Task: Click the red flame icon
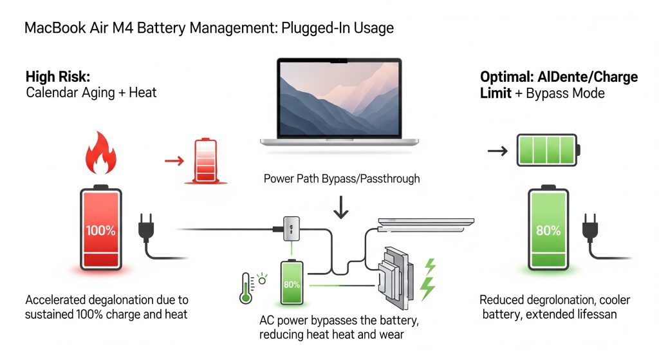[x=101, y=153]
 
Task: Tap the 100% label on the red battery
[x=101, y=231]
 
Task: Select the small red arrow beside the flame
[x=174, y=160]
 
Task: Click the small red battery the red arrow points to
[x=205, y=161]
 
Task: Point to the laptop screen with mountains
[x=339, y=99]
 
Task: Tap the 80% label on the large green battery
[x=548, y=231]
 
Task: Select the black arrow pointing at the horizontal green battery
[x=497, y=151]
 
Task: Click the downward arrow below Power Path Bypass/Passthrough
[x=341, y=207]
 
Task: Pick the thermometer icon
[x=245, y=288]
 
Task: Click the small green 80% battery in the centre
[x=292, y=282]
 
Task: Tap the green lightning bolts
[x=428, y=279]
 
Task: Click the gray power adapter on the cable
[x=292, y=229]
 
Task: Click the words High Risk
[x=58, y=77]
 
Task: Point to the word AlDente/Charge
[x=588, y=77]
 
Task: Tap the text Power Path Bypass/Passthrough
[x=342, y=179]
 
